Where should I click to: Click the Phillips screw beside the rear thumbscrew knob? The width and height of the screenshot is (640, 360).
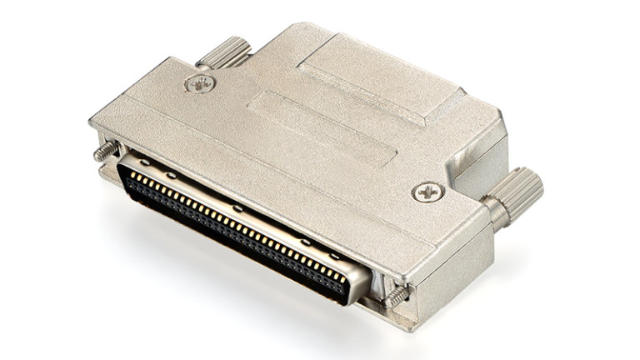200,83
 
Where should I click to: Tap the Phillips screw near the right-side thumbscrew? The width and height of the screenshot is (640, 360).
427,192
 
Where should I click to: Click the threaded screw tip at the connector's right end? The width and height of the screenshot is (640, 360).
397,296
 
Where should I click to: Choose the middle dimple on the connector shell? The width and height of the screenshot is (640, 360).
237,207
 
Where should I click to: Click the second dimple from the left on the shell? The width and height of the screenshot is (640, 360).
170,175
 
